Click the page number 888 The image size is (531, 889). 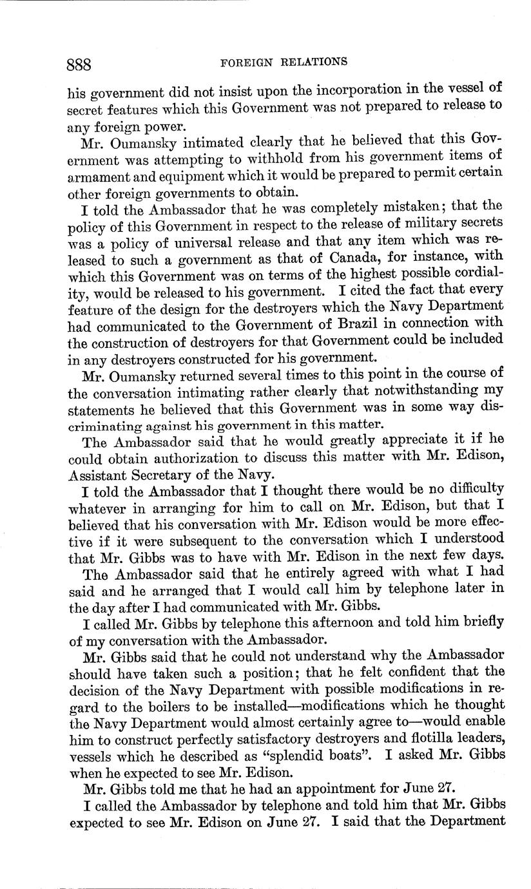pyautogui.click(x=80, y=64)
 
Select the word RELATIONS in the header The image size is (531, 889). pyautogui.click(x=314, y=62)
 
